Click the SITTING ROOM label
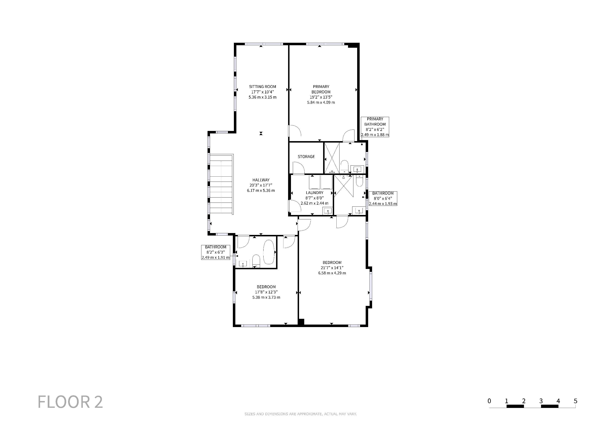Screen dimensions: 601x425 (x=263, y=87)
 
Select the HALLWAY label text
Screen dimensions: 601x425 (x=261, y=180)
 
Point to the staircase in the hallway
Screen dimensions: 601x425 (x=221, y=184)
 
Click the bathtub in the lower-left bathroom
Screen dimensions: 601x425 (x=269, y=252)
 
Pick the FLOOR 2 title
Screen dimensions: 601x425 (x=70, y=402)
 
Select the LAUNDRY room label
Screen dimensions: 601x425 (x=315, y=193)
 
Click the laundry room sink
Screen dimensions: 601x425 (x=328, y=211)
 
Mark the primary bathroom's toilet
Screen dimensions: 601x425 (x=344, y=167)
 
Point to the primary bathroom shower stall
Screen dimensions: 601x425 (x=332, y=158)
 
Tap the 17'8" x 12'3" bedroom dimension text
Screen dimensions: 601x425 (x=266, y=292)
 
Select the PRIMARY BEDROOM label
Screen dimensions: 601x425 (x=321, y=89)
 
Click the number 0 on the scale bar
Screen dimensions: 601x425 (x=489, y=401)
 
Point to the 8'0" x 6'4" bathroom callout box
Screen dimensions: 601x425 (x=383, y=199)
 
